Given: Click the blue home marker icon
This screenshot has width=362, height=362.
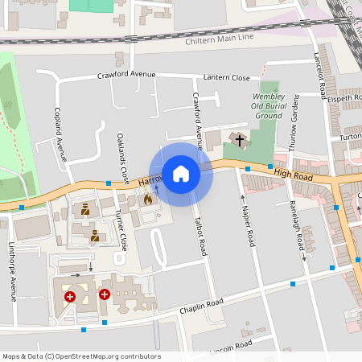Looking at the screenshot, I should point(181,174).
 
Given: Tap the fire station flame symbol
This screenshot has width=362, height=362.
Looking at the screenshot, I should point(147,200).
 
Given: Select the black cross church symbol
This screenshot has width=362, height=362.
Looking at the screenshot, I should point(238,141).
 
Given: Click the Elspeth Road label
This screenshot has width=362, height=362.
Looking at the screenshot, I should point(345,98).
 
